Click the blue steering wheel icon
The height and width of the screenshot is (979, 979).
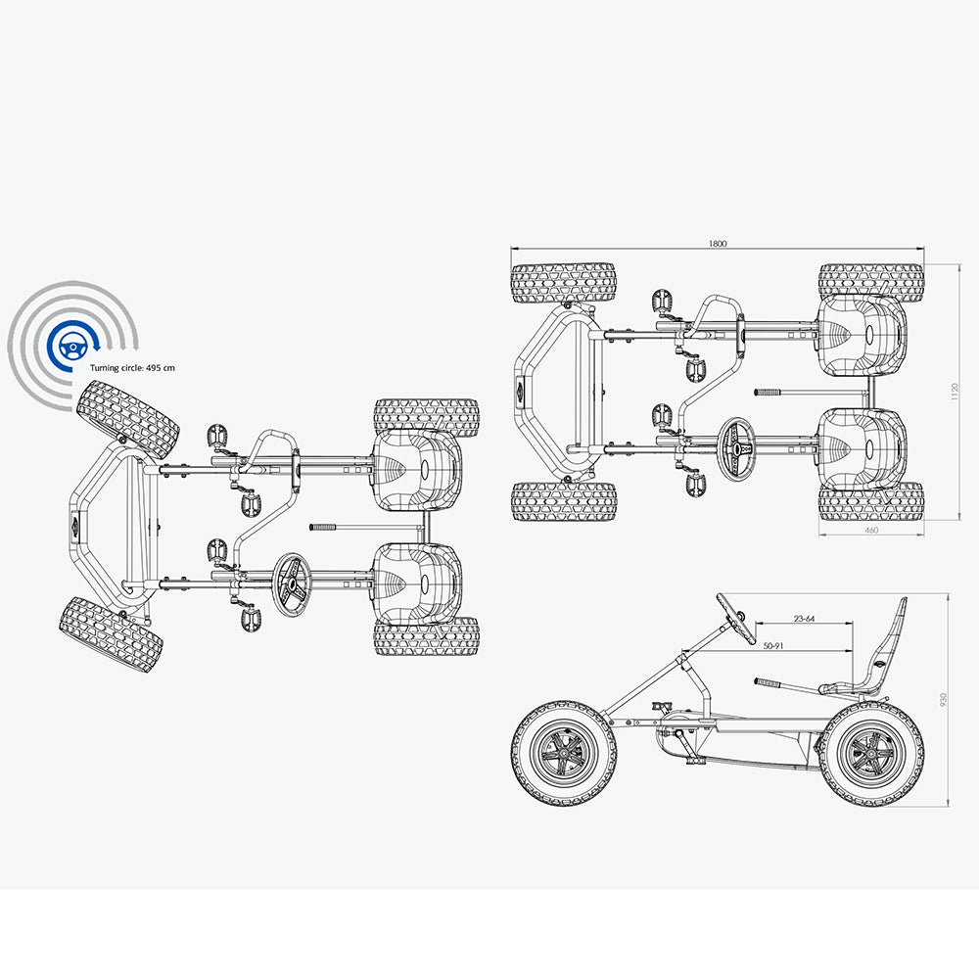click(x=71, y=346)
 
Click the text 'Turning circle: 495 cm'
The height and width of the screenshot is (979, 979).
click(x=132, y=367)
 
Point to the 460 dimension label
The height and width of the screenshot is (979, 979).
click(x=871, y=530)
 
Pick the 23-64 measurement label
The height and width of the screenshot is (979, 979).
click(x=806, y=618)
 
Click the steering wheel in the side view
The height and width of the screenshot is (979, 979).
click(x=730, y=613)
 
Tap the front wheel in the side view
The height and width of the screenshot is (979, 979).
click(x=564, y=752)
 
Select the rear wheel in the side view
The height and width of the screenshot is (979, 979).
click(x=870, y=752)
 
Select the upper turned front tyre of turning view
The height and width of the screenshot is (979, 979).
click(x=127, y=420)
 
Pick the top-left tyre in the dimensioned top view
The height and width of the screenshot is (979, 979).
click(x=563, y=283)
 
